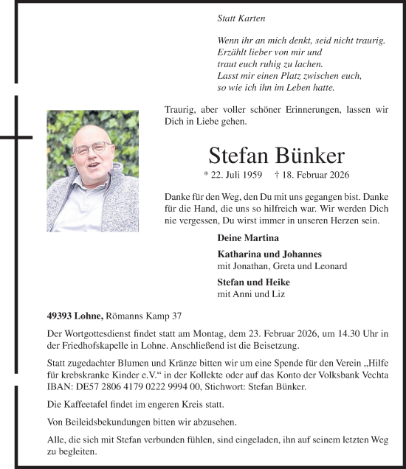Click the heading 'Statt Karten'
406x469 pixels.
(241, 18)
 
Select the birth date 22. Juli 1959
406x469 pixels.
(234, 176)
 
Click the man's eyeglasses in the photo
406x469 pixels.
(92, 148)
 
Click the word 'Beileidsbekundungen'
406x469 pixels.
(104, 421)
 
